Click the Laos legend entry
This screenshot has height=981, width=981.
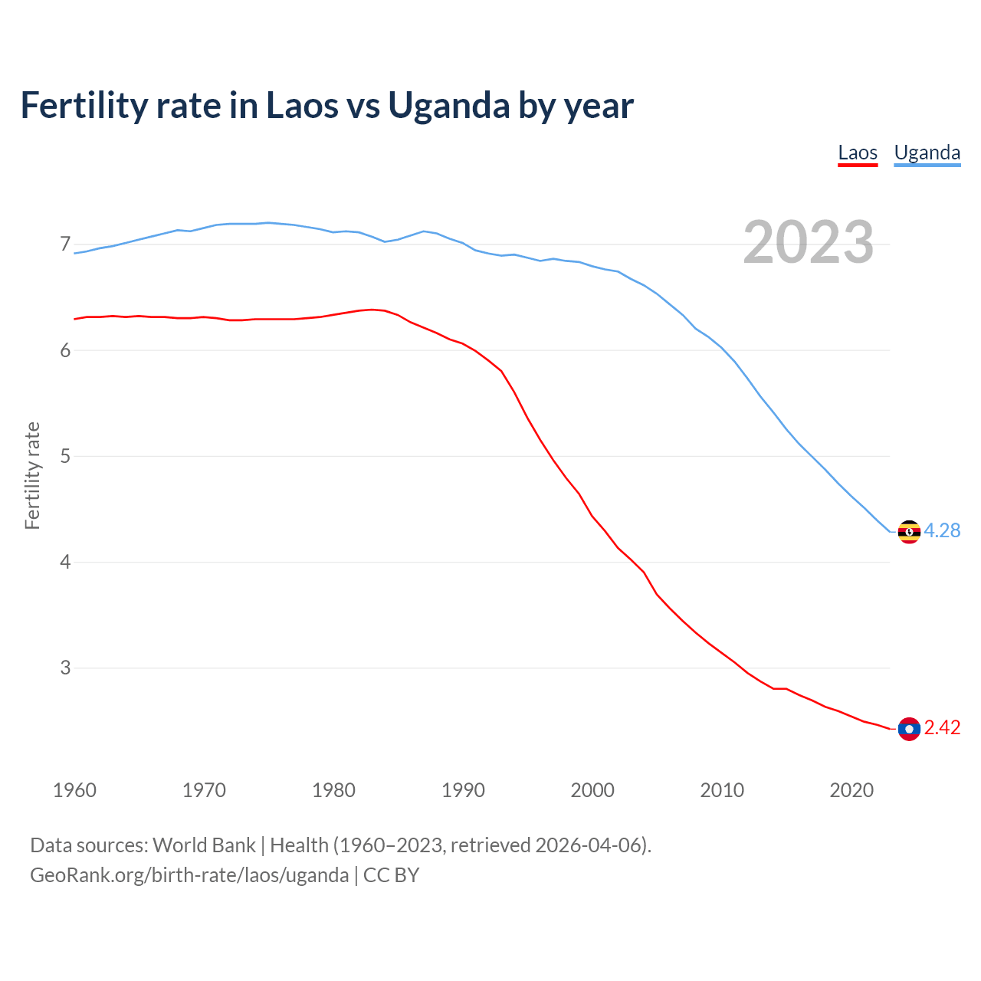point(858,153)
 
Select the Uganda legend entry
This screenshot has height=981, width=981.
point(927,153)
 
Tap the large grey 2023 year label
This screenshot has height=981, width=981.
point(809,242)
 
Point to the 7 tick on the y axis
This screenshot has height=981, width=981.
point(65,244)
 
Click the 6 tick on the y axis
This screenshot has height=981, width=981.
point(65,350)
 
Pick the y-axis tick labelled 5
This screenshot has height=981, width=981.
point(65,456)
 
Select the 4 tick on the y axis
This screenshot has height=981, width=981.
point(65,562)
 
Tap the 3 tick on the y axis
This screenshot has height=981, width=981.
point(65,668)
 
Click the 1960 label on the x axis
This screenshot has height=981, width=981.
point(74,790)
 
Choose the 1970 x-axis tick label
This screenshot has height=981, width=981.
point(204,790)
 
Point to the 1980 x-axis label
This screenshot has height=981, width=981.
point(333,790)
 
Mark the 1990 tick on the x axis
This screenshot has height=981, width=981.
point(463,790)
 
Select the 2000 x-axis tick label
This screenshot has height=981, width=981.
point(592,790)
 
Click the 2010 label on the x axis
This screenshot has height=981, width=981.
point(722,790)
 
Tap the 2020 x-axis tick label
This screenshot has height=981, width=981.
point(851,790)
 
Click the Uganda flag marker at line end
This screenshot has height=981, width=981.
point(909,531)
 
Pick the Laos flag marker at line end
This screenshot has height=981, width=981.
point(909,728)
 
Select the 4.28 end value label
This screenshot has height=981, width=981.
point(942,530)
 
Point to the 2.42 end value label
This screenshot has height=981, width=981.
point(942,727)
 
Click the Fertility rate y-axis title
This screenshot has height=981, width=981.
point(32,475)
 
